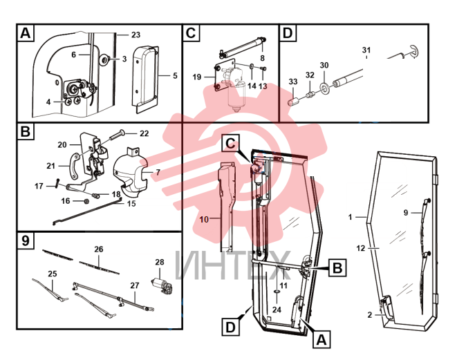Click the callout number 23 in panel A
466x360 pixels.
coord(136,35)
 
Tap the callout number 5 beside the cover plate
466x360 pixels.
coord(175,76)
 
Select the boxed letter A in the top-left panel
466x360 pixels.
coord(26,33)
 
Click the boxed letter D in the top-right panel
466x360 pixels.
coord(288,33)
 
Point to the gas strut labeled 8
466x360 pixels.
coord(242,47)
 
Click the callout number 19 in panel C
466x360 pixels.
coord(197,77)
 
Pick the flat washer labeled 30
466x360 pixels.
coord(324,87)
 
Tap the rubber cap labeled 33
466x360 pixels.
coord(293,101)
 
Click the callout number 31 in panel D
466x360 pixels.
coord(366,50)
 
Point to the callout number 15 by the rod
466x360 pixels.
coord(131,204)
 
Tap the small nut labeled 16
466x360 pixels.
coord(86,201)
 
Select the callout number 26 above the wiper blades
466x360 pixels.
coord(99,249)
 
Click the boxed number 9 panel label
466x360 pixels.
coord(26,240)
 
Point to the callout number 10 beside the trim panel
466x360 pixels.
coord(204,220)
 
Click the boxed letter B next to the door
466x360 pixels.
coord(337,268)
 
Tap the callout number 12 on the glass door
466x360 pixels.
coord(360,248)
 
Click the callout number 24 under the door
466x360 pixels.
coord(277,310)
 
